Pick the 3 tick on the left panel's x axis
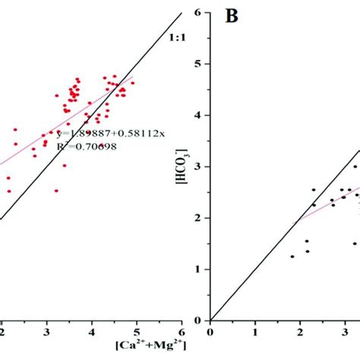coord(47,331)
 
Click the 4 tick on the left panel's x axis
coord(92,331)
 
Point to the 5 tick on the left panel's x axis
coord(137,331)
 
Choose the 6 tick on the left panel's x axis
coord(182,331)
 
